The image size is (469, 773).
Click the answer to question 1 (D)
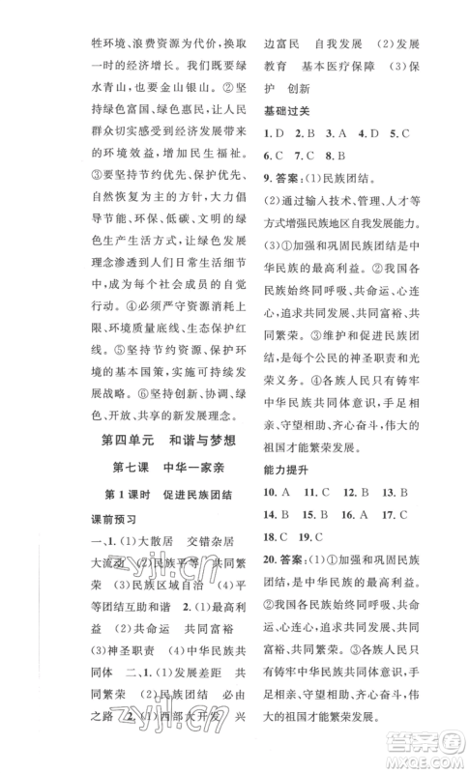(x=274, y=130)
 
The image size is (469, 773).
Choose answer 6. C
(x=272, y=153)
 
